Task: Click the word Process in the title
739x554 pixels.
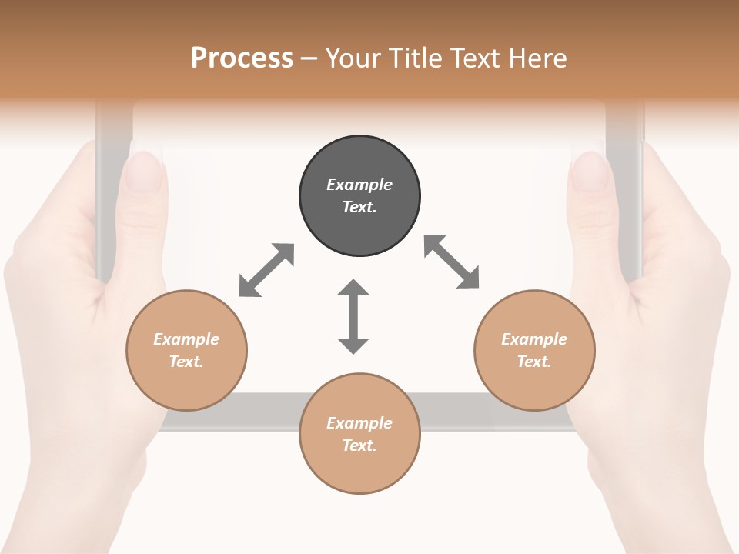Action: coord(242,58)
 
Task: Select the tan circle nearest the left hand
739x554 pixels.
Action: coord(186,350)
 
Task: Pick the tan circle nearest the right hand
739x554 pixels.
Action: coord(534,350)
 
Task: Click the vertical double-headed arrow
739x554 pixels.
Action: coord(353,316)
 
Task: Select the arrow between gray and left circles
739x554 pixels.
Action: coord(266,270)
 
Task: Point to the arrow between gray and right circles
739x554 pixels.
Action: coord(452,262)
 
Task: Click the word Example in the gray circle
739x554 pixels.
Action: coord(359,185)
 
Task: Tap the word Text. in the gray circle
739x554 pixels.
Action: coord(359,207)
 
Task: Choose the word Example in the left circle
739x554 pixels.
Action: coord(186,339)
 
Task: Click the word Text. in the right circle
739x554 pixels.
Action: coord(534,362)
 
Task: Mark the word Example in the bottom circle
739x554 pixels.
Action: coord(359,423)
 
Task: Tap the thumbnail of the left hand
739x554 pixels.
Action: coord(144,171)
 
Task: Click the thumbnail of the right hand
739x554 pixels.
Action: coord(591,171)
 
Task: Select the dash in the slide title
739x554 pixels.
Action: coord(309,58)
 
